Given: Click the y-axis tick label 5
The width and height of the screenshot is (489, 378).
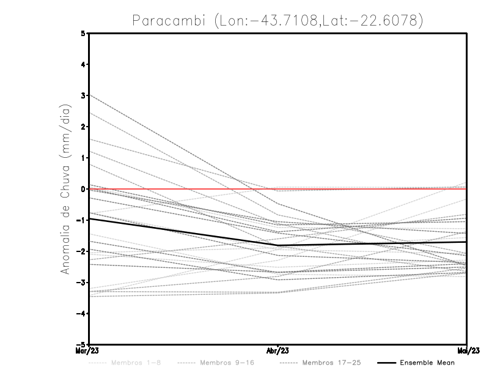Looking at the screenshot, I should [84, 34].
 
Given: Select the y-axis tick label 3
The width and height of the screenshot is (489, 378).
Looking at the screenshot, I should [84, 95].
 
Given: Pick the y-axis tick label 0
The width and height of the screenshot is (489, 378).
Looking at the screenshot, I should [84, 189].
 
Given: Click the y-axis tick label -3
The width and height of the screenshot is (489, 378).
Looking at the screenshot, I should [82, 283].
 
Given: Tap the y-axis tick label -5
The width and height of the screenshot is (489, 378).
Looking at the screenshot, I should [82, 345].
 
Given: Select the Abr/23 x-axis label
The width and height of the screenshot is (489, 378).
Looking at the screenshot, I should [278, 352].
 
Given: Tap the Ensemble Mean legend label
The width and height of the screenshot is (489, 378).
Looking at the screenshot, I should [427, 363].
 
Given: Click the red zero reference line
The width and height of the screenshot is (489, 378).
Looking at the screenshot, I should [367, 189].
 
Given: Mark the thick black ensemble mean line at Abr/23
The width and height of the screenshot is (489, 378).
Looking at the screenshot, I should [278, 245].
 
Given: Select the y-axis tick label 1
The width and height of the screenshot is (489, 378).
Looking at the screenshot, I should [84, 158].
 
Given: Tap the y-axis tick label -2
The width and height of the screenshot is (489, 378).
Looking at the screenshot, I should [82, 251].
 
